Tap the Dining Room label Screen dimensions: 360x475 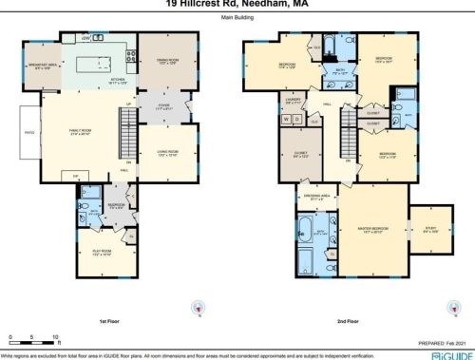(x=165, y=61)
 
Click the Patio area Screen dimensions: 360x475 (x=26, y=133)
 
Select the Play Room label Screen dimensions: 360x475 (x=103, y=253)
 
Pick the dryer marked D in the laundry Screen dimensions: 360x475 (x=297, y=119)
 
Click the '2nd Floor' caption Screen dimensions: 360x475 (x=346, y=322)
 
